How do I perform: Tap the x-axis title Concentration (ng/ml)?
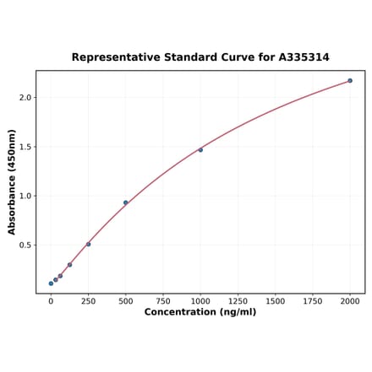tap(200, 312)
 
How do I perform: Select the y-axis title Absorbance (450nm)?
tap(12, 182)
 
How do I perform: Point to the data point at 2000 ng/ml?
tap(350, 81)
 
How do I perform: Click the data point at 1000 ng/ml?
tap(200, 150)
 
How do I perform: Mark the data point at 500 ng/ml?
tap(126, 202)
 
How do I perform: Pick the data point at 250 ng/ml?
tap(88, 245)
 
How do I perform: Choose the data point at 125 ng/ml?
tap(69, 265)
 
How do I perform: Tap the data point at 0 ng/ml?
tap(51, 283)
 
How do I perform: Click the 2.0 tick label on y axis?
tap(25, 98)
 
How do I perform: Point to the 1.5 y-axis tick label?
tap(25, 147)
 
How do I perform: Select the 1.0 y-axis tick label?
tap(25, 196)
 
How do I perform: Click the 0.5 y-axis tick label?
tap(25, 245)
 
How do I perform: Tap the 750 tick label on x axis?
tap(163, 300)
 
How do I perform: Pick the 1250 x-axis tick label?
tap(238, 300)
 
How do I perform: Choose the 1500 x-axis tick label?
tap(275, 300)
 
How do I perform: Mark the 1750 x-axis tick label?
tap(313, 300)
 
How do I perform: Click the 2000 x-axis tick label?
tap(350, 300)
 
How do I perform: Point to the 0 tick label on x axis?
tap(51, 300)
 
